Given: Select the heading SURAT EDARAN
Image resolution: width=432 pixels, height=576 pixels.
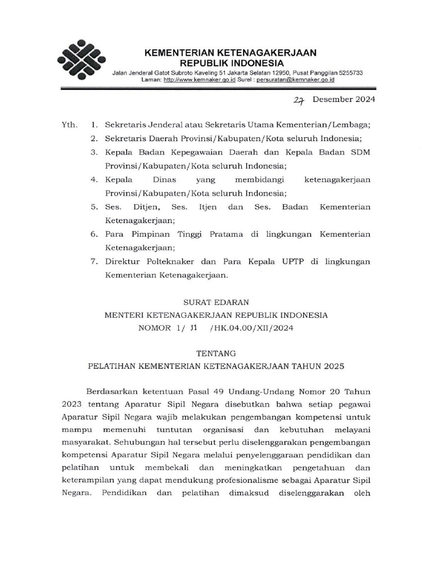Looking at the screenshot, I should point(216,301).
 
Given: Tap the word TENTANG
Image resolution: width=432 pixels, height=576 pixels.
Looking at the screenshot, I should point(216,353).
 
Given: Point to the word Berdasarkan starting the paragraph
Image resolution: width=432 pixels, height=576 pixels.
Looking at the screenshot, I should point(112,391).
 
